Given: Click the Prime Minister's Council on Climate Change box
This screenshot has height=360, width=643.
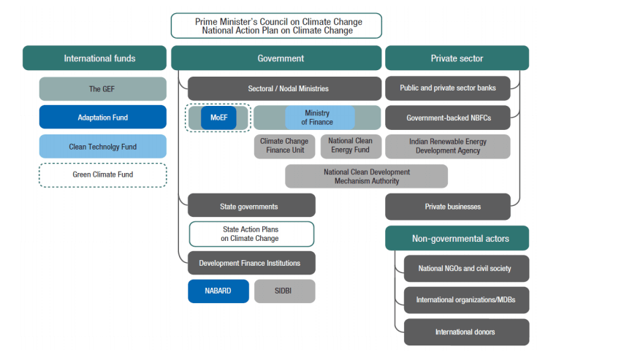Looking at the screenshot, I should tap(277, 26).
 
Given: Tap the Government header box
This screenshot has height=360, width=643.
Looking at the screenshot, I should tap(276, 58).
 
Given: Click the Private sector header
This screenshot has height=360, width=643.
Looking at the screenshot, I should tap(457, 58).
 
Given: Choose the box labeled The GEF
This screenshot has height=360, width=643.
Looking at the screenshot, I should tap(103, 89).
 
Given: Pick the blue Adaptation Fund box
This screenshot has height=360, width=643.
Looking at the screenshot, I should tap(103, 117).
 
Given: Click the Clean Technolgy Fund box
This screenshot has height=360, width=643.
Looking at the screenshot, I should tap(103, 146).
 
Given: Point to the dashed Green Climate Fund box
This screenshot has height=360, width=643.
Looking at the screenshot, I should tap(103, 175).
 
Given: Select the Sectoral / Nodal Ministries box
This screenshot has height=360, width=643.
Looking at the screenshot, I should tap(284, 88).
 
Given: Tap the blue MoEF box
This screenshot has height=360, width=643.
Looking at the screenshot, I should tap(218, 118).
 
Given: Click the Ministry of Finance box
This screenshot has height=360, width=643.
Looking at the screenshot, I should tap(319, 118).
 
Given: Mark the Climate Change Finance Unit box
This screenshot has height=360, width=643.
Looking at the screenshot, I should tap(284, 146).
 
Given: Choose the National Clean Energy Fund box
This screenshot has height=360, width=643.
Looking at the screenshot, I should tap(350, 146).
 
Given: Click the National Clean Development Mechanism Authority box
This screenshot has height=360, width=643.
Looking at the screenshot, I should tap(366, 176).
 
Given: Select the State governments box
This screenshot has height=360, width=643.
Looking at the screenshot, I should tap(251, 206).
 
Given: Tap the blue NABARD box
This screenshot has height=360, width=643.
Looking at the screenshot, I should tap(218, 291).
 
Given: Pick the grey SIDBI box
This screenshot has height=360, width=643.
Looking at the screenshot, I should tap(284, 291).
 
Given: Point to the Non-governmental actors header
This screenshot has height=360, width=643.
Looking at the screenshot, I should tap(457, 238).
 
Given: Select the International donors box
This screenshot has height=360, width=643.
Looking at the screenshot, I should tap(465, 332).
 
